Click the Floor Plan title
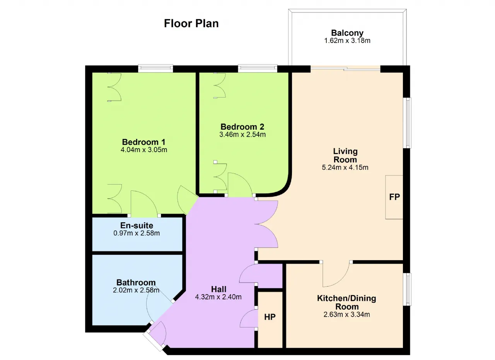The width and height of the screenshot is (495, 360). (191, 24)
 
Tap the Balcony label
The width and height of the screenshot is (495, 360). (347, 33)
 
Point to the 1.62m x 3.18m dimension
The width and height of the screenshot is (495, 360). (347, 41)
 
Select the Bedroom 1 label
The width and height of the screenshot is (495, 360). (143, 142)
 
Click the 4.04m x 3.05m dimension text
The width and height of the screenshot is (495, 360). (144, 150)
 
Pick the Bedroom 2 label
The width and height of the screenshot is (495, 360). (242, 127)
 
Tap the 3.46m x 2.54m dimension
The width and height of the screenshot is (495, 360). (242, 134)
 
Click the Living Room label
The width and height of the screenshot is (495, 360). (345, 156)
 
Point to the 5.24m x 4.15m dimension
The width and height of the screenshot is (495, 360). (345, 167)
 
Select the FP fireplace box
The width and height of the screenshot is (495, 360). (394, 197)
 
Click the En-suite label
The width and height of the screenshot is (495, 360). (137, 226)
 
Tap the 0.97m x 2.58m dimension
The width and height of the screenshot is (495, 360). (137, 233)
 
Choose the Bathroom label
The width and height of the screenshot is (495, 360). (136, 283)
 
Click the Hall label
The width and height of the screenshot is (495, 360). (219, 289)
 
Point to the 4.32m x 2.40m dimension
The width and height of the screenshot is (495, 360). (218, 297)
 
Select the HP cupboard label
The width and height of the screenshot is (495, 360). (270, 317)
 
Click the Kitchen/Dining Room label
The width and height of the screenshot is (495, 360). (347, 302)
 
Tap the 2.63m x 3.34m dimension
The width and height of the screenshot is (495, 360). (347, 314)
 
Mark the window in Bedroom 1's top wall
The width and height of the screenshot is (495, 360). (155, 69)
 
